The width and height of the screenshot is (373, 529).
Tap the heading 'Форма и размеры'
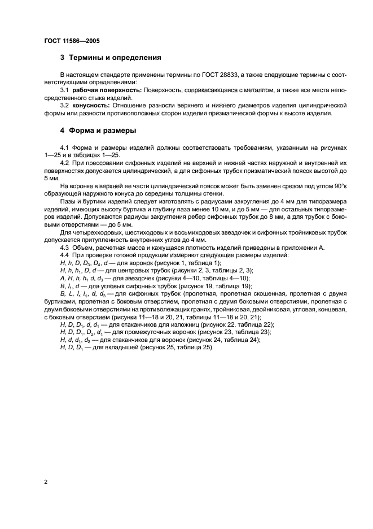click(x=102, y=131)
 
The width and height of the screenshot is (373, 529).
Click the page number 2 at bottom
click(x=45, y=482)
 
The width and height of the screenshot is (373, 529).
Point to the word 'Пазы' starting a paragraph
click(x=68, y=201)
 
